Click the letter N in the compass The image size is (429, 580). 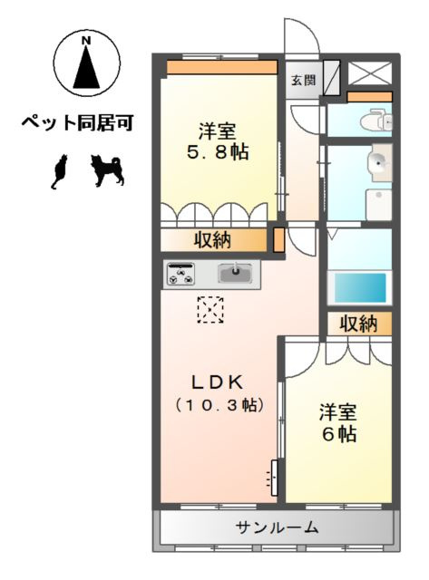point(86,42)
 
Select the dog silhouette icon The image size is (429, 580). point(108,170)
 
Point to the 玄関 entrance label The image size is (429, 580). point(303,80)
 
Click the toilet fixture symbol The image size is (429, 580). point(375,121)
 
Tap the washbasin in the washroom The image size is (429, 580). point(380,163)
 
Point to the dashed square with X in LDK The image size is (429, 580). point(210,310)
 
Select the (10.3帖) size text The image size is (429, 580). point(220,405)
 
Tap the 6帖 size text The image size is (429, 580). point(336,434)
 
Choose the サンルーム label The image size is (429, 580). point(278,527)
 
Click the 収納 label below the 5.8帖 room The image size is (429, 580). point(212,240)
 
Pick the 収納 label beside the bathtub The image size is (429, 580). point(358,324)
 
